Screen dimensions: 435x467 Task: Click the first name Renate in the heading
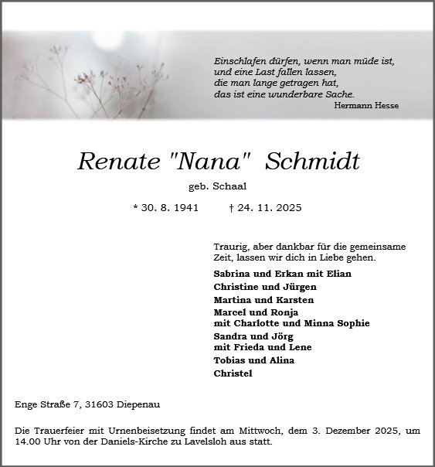[x=117, y=162]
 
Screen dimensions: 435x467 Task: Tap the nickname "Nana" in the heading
[x=209, y=162]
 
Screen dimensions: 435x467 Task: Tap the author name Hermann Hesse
[x=366, y=106]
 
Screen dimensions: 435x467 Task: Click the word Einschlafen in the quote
[x=241, y=60]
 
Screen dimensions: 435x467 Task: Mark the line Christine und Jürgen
[x=253, y=287]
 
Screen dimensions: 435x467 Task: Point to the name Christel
[x=233, y=373]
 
